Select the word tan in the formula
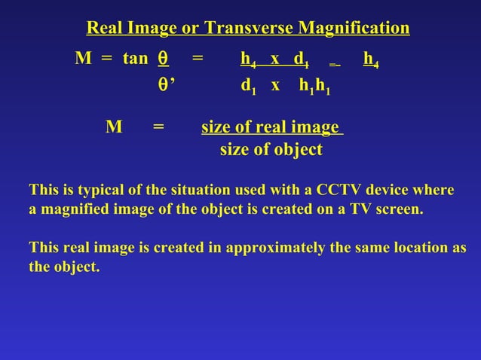136,59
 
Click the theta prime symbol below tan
165,87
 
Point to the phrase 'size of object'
271,149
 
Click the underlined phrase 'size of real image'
271,127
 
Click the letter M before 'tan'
82,59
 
